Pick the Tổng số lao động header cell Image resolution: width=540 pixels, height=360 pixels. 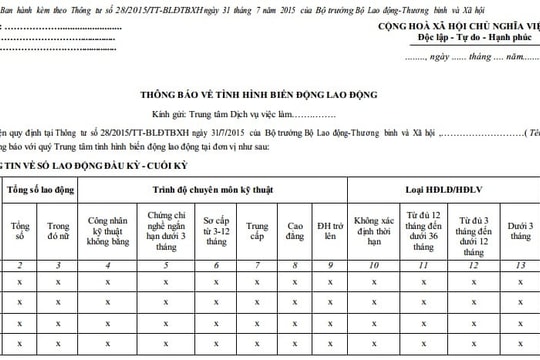42,191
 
